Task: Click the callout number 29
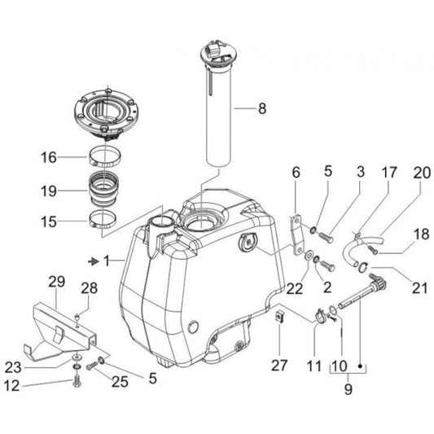tap(55, 282)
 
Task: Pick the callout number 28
tap(89, 287)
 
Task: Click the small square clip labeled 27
tap(278, 313)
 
